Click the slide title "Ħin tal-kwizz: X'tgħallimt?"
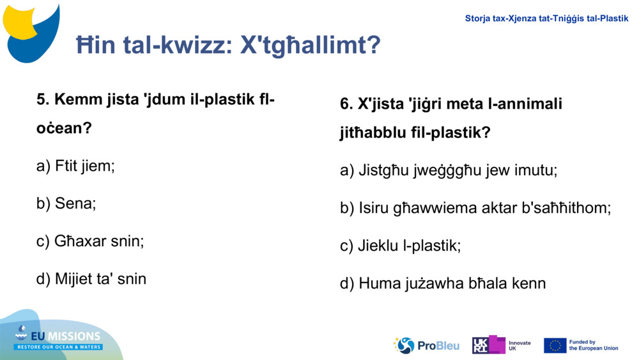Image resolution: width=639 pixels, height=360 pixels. pos(228,45)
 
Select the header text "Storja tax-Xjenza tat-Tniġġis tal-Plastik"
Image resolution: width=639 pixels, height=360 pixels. pos(546,19)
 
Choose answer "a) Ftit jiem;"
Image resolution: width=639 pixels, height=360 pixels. pos(75,166)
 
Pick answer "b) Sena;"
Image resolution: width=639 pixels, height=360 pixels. pos(66,204)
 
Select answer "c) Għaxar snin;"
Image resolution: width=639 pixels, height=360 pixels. pos(90,242)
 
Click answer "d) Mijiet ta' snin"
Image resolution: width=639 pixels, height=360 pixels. pos(91,279)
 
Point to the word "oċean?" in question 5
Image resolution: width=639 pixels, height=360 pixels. pos(64,128)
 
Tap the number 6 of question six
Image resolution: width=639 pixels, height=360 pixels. pos(345,104)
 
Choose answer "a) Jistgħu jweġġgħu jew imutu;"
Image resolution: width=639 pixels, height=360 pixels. pos(449,171)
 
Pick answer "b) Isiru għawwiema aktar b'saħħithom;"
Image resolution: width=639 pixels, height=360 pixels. pos(475,208)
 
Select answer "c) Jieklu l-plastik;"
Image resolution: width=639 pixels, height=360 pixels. pos(400,246)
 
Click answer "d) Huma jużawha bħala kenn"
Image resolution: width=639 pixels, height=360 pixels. pos(442,283)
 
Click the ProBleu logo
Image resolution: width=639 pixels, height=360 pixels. pos(426,345)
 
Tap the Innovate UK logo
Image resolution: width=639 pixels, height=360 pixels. pos(501,345)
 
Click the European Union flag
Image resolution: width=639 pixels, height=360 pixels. pos(555,345)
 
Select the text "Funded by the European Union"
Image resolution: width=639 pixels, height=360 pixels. pos(593,345)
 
